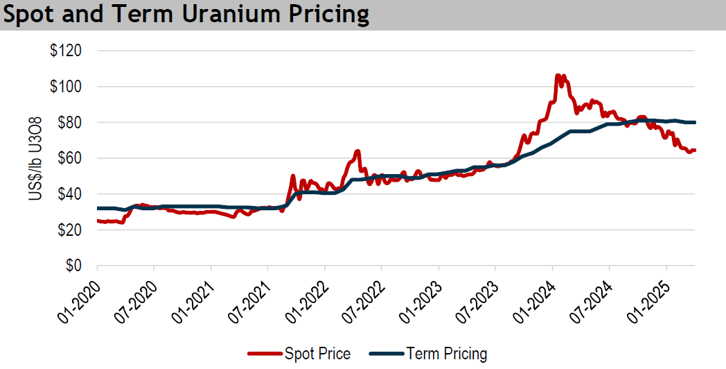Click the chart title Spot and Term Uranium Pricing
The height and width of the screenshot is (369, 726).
click(x=186, y=15)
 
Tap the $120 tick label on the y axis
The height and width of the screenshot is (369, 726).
click(x=66, y=51)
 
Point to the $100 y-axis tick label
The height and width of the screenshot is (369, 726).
click(x=66, y=87)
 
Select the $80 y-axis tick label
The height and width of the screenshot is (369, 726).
click(x=69, y=123)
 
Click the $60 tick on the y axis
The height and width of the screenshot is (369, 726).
click(x=69, y=159)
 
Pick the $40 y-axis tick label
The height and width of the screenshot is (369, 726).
click(x=69, y=194)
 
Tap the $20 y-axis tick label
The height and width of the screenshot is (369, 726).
click(x=69, y=230)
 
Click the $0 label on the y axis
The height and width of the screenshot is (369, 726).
click(x=73, y=266)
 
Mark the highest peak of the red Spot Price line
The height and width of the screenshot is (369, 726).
click(x=558, y=75)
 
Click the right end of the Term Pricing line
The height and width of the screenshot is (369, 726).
click(x=695, y=123)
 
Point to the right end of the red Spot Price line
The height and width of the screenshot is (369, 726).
click(x=695, y=151)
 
